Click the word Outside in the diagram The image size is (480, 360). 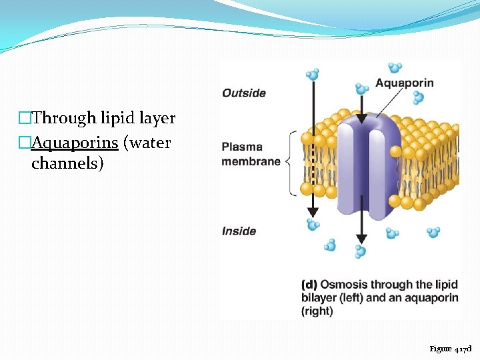(x=243, y=93)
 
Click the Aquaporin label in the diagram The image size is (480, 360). (x=404, y=83)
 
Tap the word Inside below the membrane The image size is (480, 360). (x=239, y=231)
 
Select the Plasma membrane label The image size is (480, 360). (x=251, y=154)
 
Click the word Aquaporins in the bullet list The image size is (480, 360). (x=75, y=143)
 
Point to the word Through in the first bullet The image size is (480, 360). (x=65, y=119)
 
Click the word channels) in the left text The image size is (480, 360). (x=67, y=163)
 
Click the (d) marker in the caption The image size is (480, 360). (x=309, y=284)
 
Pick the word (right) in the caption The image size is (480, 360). (x=317, y=311)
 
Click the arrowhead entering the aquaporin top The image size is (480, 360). (x=361, y=119)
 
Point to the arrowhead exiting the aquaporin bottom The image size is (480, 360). (x=361, y=239)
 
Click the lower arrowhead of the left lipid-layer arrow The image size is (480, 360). (x=311, y=212)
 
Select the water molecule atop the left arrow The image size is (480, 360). (x=311, y=74)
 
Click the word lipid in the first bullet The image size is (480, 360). (x=118, y=119)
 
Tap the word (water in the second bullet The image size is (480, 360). (x=147, y=143)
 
